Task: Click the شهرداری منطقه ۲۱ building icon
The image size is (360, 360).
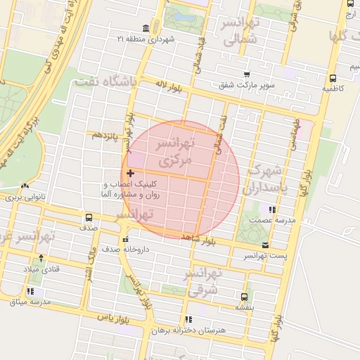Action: pos(146,28)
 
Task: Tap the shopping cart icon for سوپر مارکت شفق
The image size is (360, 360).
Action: pos(247,75)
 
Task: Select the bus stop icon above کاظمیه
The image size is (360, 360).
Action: pos(332,79)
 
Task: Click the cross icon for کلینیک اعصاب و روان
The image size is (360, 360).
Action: pos(130,173)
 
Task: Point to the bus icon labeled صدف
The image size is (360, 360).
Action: pos(89,217)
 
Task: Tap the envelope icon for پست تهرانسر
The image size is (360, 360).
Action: pos(265,245)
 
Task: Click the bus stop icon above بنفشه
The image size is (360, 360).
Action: pos(244,297)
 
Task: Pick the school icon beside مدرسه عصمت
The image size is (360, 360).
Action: pos(271,209)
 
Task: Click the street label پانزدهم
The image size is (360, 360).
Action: pos(105,134)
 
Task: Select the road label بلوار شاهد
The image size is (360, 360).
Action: pos(198,240)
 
